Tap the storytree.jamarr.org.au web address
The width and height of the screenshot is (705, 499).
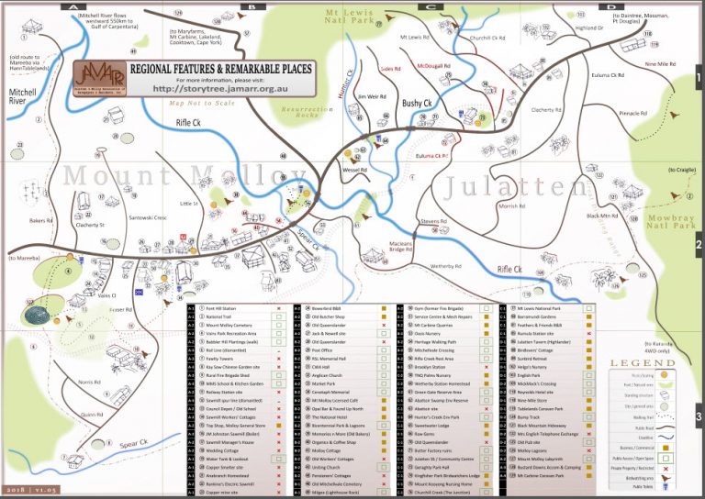coord(221,89)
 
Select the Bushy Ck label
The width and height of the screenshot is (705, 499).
coord(417,104)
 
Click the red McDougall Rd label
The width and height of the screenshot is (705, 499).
coord(433,66)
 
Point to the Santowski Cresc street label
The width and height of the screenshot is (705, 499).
coord(147,218)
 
